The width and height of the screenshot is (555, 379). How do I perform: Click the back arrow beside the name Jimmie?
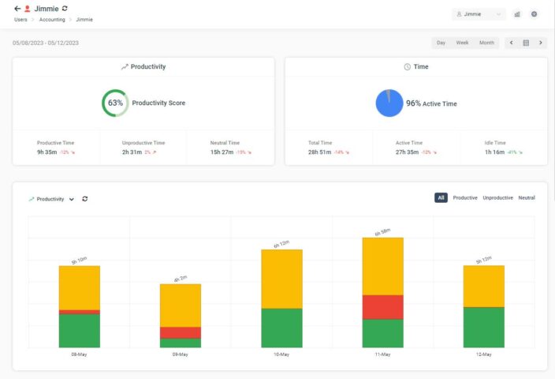click(17, 9)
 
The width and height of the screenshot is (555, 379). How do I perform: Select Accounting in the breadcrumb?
click(53, 19)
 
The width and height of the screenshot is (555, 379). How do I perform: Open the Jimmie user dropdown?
click(479, 14)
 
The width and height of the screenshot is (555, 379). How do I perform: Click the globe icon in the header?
click(534, 14)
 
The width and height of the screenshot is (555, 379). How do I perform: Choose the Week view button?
click(462, 43)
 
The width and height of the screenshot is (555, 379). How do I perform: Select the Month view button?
click(486, 43)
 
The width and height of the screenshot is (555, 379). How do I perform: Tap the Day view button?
click(441, 43)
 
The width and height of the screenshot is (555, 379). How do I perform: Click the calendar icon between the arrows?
click(526, 43)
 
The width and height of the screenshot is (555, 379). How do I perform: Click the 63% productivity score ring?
click(115, 103)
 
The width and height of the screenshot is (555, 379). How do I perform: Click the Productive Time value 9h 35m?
click(47, 152)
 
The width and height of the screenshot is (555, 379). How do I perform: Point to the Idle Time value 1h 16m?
click(495, 152)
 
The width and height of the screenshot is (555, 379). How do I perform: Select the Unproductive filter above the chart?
click(497, 197)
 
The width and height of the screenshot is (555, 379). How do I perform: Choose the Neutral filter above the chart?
click(526, 197)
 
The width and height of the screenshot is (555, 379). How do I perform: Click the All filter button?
click(441, 197)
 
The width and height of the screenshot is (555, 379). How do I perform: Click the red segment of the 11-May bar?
click(382, 307)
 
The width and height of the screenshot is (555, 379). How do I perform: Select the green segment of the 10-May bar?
click(281, 328)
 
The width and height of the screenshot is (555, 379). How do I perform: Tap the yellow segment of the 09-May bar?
click(181, 305)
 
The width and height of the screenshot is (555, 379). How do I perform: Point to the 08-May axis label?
click(79, 355)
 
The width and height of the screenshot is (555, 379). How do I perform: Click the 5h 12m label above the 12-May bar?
click(483, 260)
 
